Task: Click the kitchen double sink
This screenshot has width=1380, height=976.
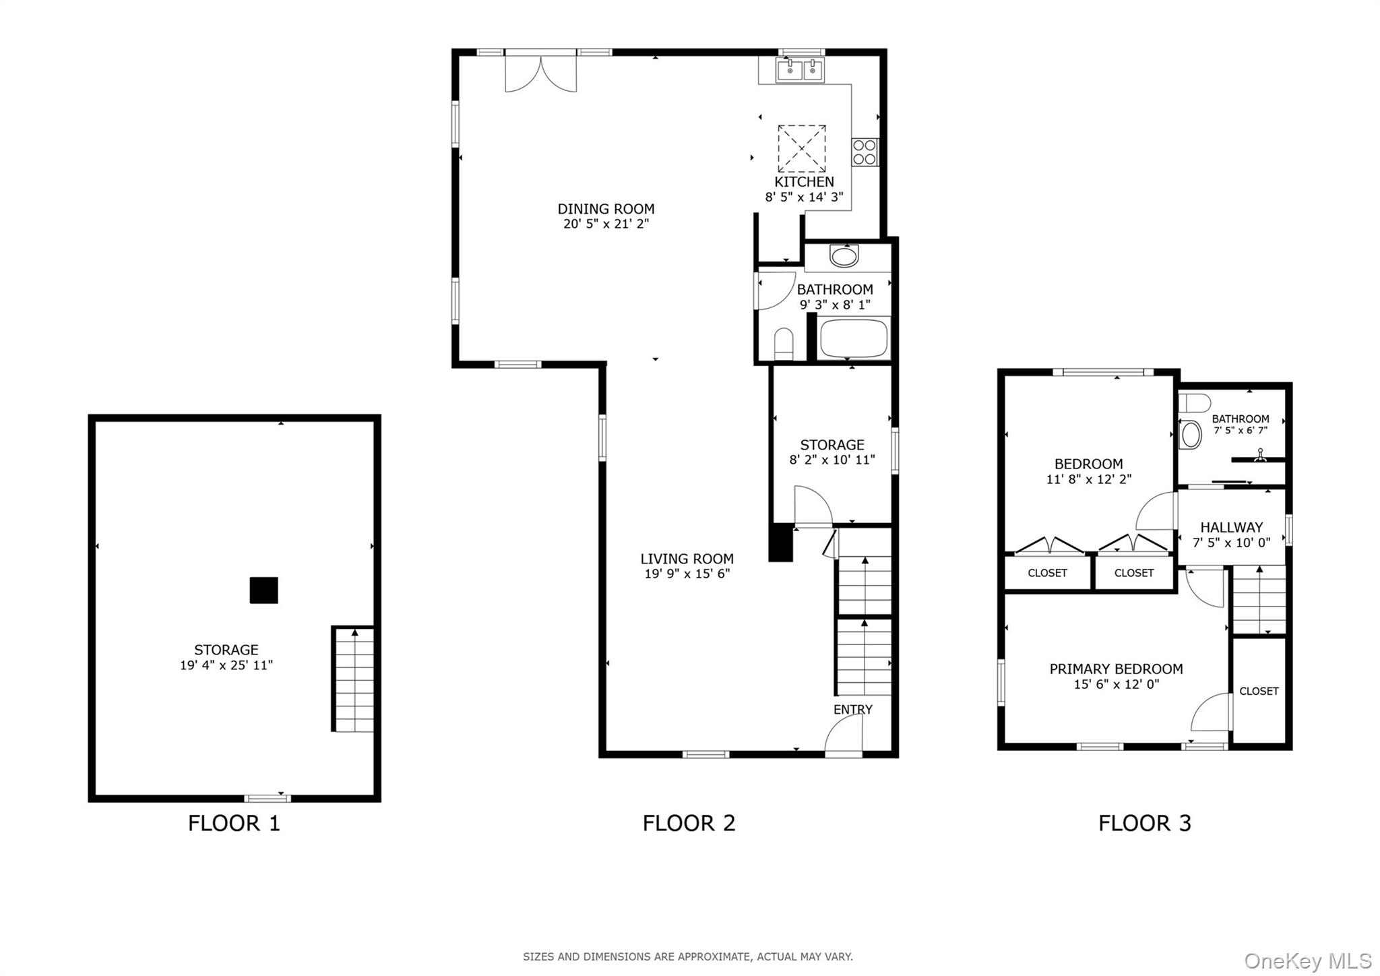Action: [800, 70]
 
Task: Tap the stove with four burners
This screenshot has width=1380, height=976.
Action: [865, 152]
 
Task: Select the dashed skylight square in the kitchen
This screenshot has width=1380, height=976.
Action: [802, 148]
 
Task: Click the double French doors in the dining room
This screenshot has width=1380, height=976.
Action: [540, 73]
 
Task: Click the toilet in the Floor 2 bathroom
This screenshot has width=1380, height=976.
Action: [784, 344]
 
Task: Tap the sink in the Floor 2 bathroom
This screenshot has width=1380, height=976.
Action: [844, 255]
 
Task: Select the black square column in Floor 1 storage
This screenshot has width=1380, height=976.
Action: [263, 590]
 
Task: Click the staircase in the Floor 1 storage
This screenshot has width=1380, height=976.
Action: [354, 679]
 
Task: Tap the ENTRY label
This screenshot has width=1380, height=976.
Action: [852, 709]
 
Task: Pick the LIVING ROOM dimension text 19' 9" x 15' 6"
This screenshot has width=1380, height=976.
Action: [687, 574]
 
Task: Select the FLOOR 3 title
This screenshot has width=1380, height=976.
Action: [1144, 823]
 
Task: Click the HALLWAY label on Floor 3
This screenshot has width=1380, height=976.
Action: [1231, 527]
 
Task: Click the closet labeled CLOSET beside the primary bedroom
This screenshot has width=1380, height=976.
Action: [1258, 691]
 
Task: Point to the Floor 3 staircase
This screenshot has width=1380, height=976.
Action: [1259, 600]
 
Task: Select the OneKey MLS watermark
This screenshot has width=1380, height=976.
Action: [1307, 960]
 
